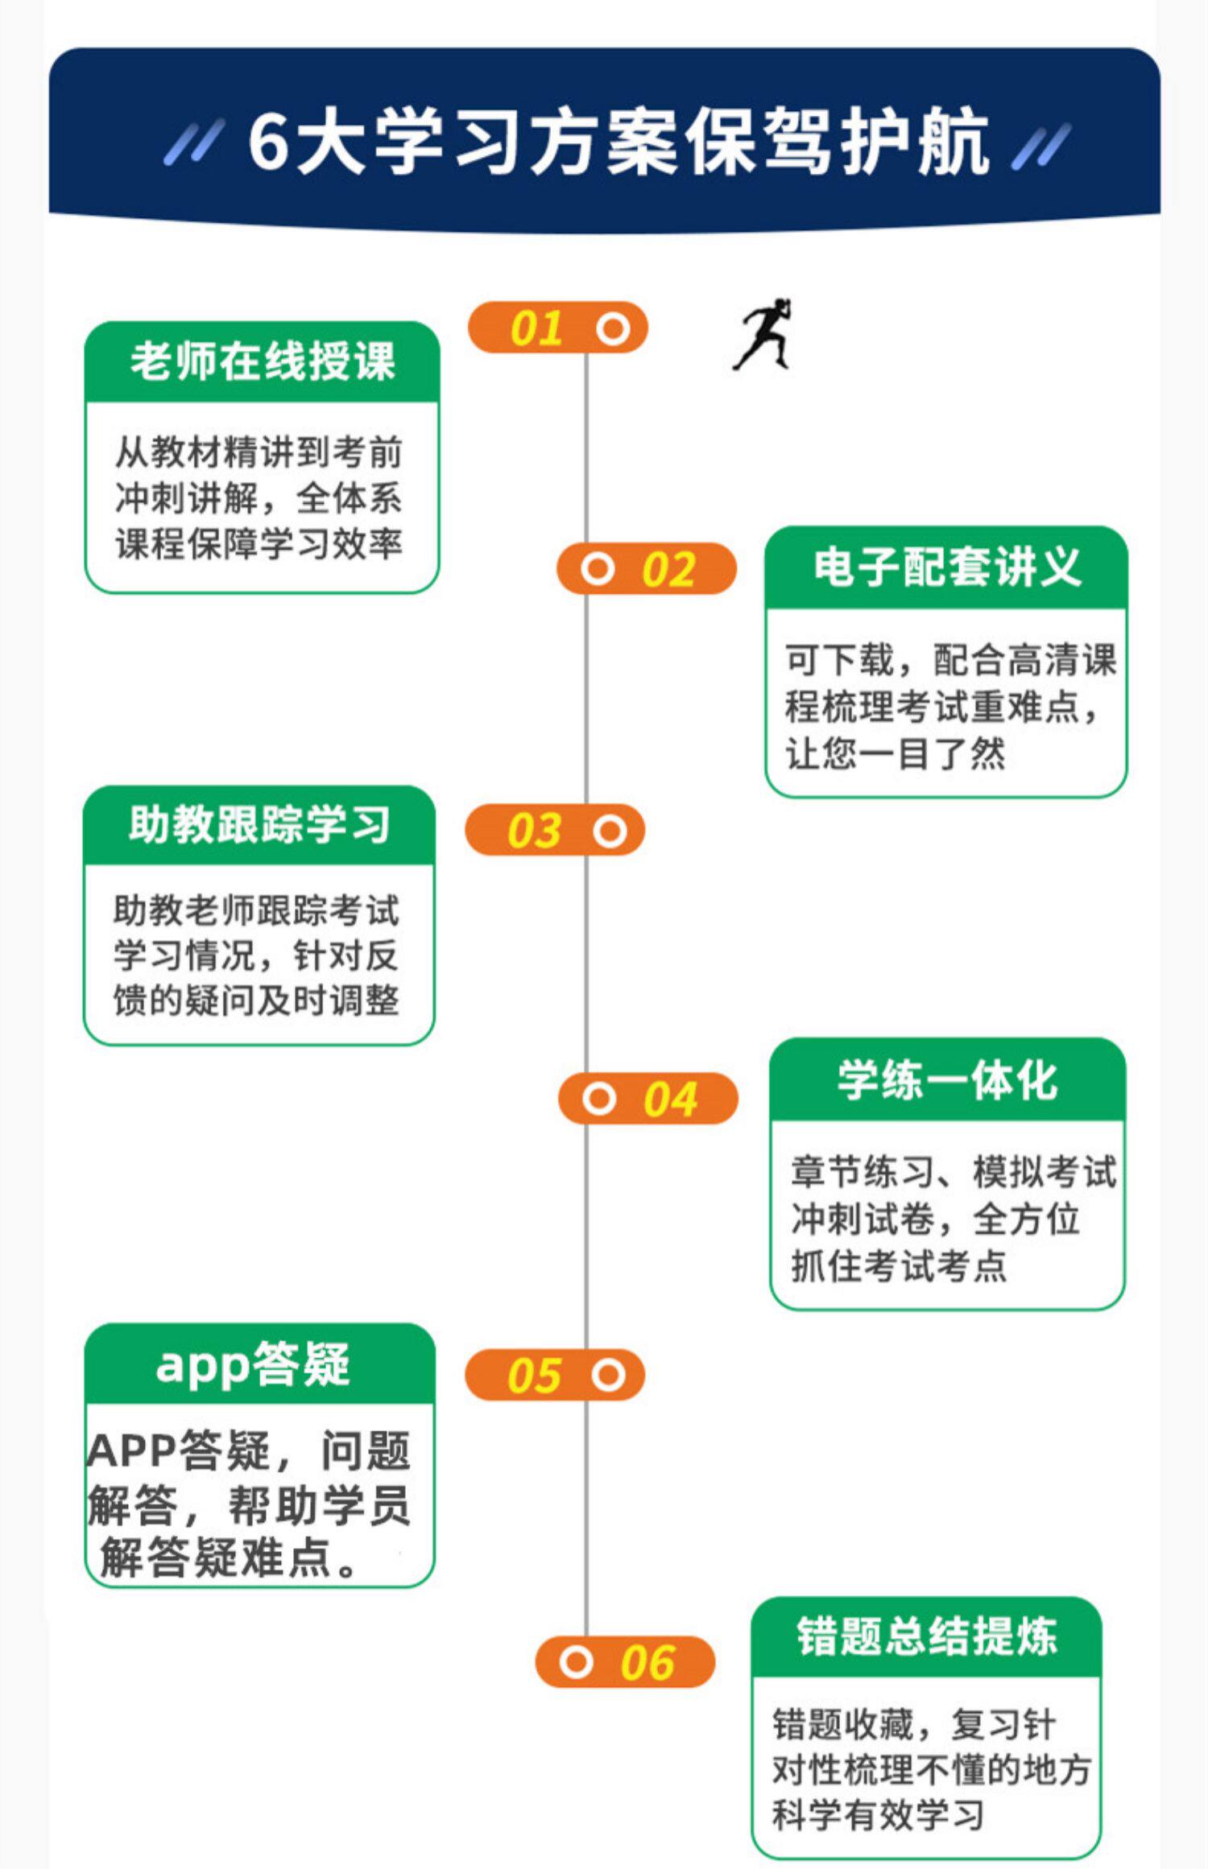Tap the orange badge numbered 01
pos(558,328)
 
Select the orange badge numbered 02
pos(647,569)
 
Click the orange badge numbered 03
pos(555,830)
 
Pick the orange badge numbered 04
pos(648,1099)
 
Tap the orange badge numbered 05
pos(555,1376)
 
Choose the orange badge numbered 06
pos(625,1662)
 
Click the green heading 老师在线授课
pos(263,361)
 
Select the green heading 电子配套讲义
pos(946,567)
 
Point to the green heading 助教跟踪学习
pos(259,825)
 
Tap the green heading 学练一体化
pos(947,1079)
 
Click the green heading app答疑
pos(253,1365)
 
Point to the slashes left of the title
pos(193,143)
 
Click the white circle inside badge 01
pos(613,328)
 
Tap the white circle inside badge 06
pos(576,1662)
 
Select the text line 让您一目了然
pos(895,754)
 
